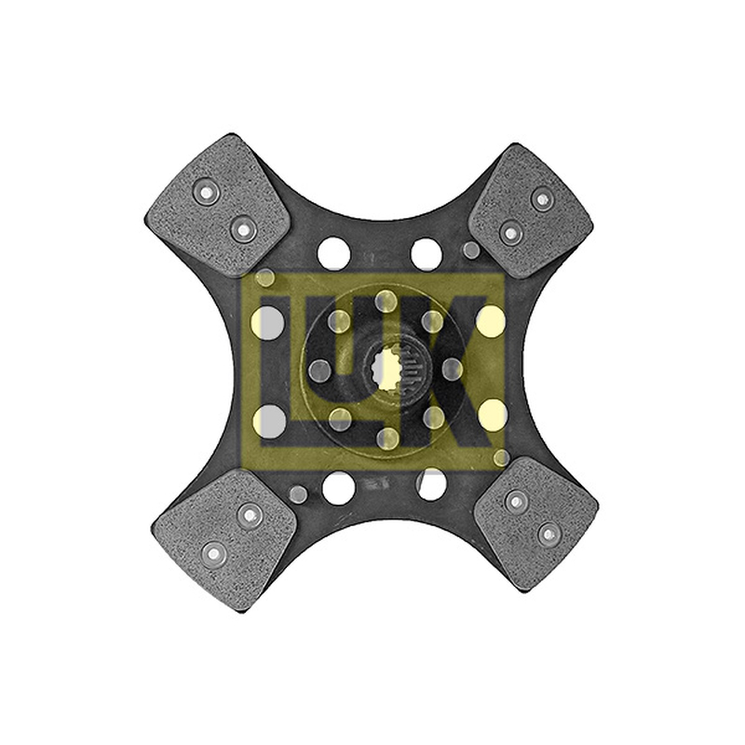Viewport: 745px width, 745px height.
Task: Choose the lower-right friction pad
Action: point(536,524)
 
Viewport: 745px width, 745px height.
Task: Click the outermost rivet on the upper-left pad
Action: point(207,192)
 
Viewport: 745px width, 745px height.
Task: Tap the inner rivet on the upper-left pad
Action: point(243,229)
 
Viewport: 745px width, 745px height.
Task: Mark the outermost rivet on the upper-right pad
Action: point(541,198)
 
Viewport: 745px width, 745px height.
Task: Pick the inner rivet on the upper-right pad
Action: point(509,232)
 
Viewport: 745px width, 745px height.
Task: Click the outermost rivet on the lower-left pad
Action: point(213,553)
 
